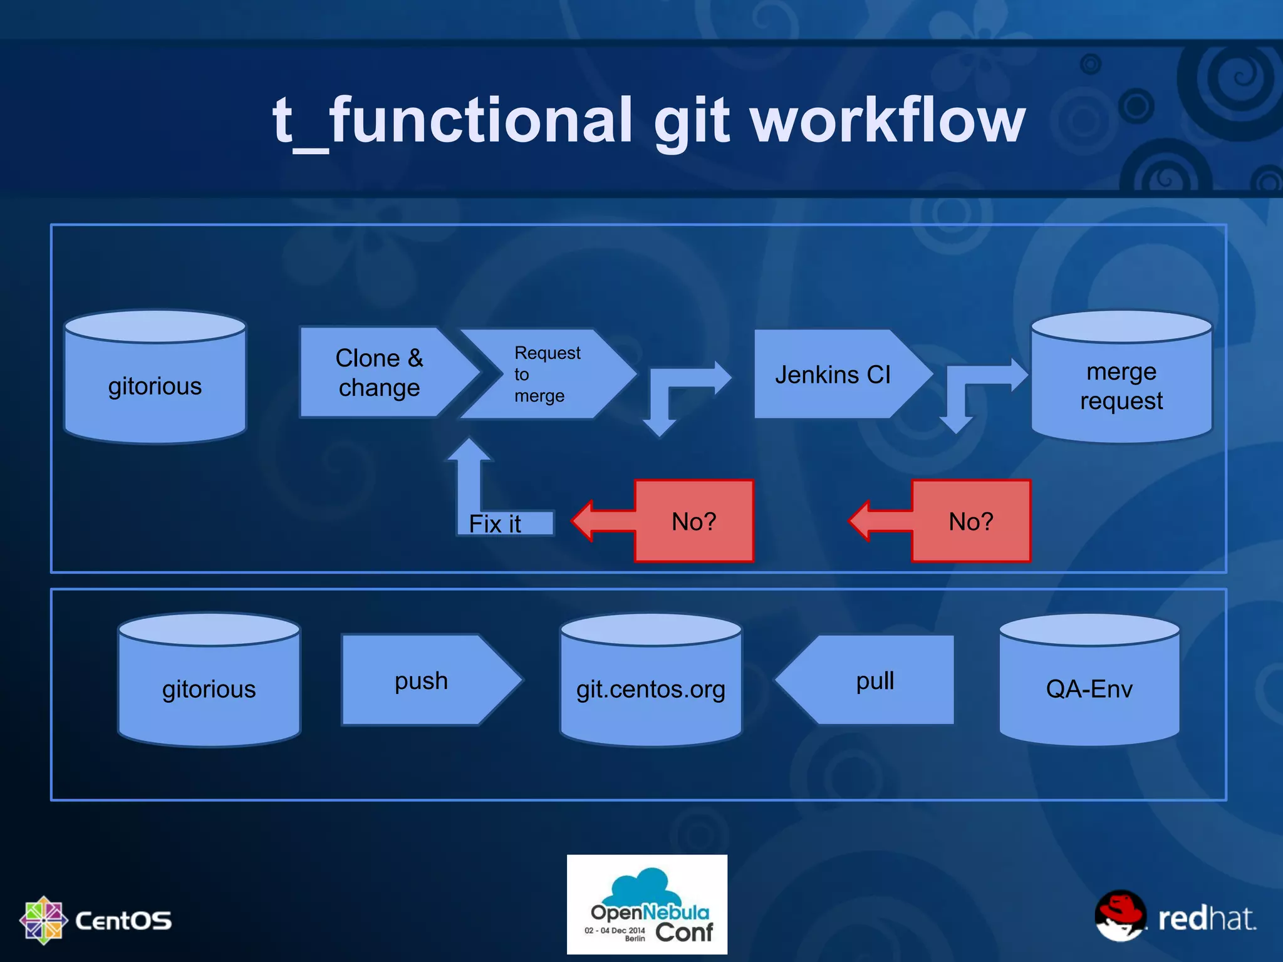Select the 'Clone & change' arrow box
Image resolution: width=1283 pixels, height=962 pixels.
click(x=380, y=373)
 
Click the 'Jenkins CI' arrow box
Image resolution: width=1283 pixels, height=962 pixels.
click(x=833, y=375)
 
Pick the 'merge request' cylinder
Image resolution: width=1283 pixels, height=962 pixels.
click(x=1121, y=386)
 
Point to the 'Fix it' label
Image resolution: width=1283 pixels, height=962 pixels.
click(x=495, y=524)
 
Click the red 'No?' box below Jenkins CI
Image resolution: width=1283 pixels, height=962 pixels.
click(x=693, y=521)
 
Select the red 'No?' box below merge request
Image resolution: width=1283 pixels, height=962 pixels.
click(x=970, y=521)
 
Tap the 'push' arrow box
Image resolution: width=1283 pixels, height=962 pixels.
click(x=422, y=681)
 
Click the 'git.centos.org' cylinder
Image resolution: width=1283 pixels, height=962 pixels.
click(x=651, y=689)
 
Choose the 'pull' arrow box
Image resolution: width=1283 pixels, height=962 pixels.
click(x=875, y=681)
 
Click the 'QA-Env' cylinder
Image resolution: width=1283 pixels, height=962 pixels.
click(x=1089, y=689)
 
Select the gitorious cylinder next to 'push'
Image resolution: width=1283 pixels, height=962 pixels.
click(x=209, y=689)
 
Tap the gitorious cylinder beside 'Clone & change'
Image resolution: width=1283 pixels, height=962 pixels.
click(x=155, y=386)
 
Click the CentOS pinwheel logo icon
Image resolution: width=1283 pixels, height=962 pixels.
click(x=43, y=920)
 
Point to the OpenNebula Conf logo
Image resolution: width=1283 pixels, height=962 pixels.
click(x=647, y=904)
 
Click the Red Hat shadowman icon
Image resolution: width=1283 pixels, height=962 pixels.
click(x=1120, y=916)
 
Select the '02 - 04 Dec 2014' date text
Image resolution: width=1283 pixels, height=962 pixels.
click(x=615, y=930)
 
